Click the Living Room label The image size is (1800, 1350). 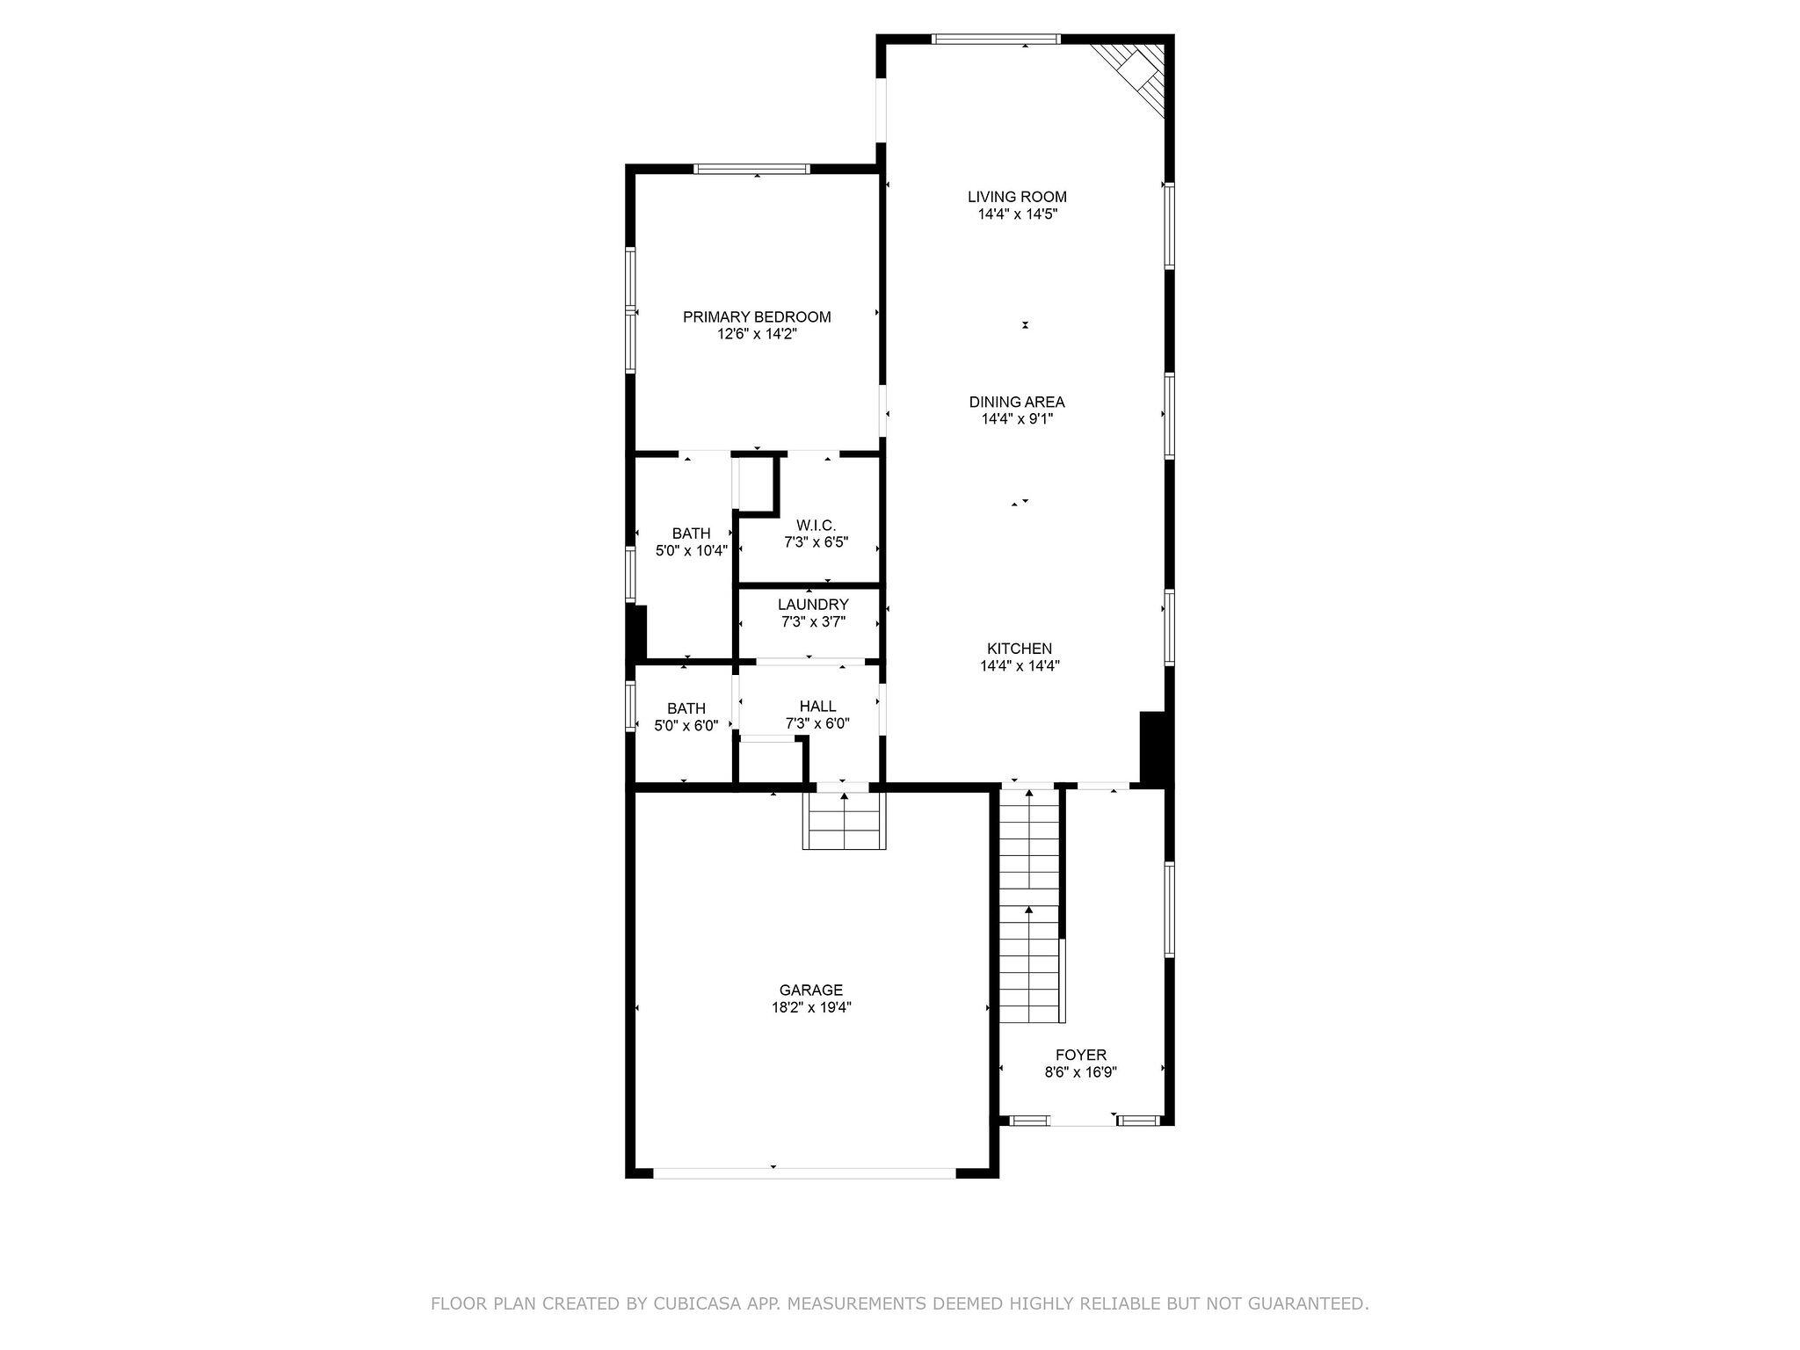tap(1017, 197)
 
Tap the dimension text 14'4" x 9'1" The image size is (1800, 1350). tap(1017, 419)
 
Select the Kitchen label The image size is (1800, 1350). tap(1019, 649)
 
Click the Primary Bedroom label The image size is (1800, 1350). tap(757, 317)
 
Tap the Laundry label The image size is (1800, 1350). tap(813, 605)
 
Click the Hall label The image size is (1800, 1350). tap(817, 707)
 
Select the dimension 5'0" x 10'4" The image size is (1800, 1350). tap(692, 551)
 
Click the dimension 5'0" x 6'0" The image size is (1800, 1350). tap(686, 726)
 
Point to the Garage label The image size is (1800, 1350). tap(810, 990)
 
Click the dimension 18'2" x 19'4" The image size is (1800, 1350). tap(810, 1007)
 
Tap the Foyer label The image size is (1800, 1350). tap(1080, 1055)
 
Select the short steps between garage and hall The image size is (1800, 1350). tap(844, 820)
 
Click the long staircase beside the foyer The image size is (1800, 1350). tap(1029, 905)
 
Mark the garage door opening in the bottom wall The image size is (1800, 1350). tap(804, 1172)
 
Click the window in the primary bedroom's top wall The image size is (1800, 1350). tap(751, 169)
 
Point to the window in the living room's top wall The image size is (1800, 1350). tap(996, 39)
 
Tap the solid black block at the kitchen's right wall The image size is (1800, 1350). tap(1154, 746)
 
